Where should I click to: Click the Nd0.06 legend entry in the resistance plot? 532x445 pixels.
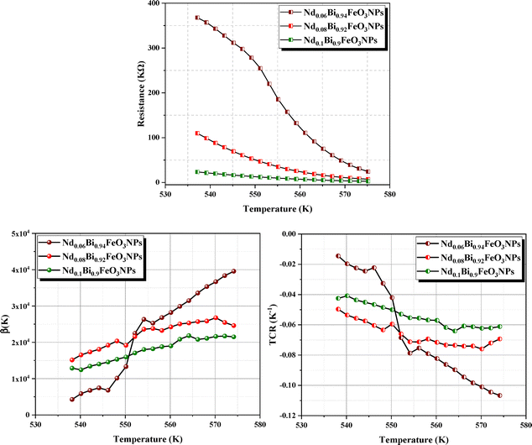point(330,13)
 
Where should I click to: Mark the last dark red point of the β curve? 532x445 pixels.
point(233,271)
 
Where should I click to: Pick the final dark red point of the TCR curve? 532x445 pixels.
point(500,395)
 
